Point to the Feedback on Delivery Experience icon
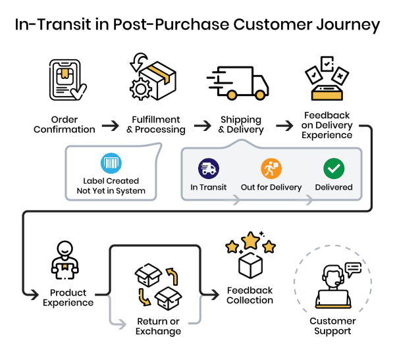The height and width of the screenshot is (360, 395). click(x=327, y=78)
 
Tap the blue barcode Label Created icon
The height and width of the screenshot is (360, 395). click(x=111, y=163)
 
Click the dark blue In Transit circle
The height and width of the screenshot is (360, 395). click(x=208, y=168)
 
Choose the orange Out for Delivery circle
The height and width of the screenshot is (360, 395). click(x=271, y=168)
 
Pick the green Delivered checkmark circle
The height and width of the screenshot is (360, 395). click(x=334, y=168)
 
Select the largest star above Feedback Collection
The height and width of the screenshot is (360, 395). click(x=250, y=242)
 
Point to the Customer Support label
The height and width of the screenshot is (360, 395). click(x=333, y=326)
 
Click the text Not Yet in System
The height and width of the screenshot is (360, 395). click(x=111, y=191)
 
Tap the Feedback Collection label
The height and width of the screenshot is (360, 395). click(x=250, y=295)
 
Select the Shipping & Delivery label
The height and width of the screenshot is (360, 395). click(x=240, y=125)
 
